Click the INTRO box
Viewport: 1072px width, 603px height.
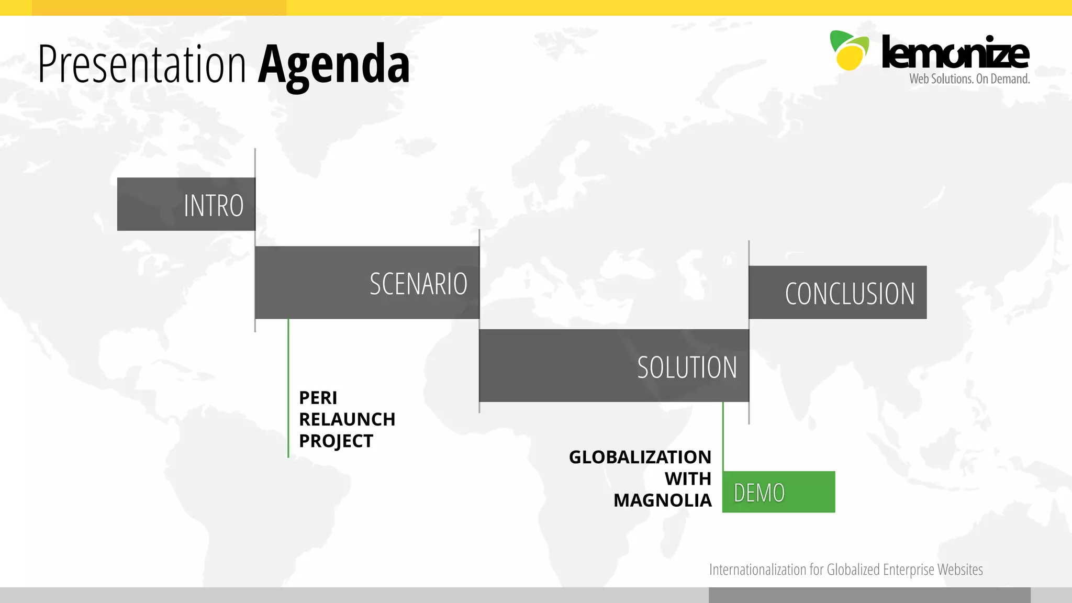(x=186, y=204)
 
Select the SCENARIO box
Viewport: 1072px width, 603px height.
(x=367, y=283)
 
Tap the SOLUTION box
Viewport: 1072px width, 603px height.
(x=613, y=366)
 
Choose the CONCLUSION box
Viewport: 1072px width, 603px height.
(x=837, y=293)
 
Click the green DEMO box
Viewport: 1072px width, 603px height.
(x=778, y=492)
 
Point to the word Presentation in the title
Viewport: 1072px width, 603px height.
(x=142, y=64)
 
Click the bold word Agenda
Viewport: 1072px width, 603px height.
(x=333, y=64)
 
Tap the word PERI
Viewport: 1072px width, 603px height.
(x=318, y=398)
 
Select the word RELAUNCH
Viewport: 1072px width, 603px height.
(x=347, y=419)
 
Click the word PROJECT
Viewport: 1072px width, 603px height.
(x=336, y=441)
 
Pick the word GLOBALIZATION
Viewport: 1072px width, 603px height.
(x=640, y=457)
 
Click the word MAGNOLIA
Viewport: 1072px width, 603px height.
(x=662, y=500)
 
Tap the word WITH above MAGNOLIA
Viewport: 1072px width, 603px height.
(x=687, y=478)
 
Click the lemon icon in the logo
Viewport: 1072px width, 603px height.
(x=849, y=51)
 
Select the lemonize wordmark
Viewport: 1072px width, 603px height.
(x=955, y=53)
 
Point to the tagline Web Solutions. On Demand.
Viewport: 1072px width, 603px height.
(x=969, y=79)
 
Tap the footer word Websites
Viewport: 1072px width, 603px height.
(x=960, y=569)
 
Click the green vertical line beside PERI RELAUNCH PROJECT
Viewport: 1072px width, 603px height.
(x=288, y=388)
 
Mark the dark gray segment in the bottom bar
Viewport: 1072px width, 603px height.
(x=869, y=595)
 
